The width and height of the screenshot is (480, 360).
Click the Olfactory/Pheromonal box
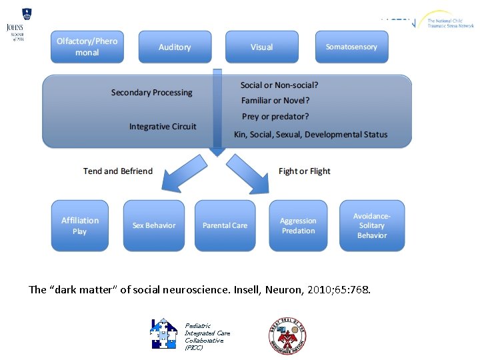click(x=87, y=47)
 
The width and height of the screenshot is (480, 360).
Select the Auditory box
click(x=175, y=47)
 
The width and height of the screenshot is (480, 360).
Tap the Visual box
click(x=261, y=47)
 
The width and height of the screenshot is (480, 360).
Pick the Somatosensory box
click(x=351, y=47)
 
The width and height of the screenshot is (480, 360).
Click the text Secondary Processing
click(x=151, y=93)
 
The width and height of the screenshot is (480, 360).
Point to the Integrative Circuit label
click(x=163, y=127)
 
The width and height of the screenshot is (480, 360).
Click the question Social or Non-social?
click(x=279, y=85)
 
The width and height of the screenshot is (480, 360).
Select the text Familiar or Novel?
click(x=275, y=101)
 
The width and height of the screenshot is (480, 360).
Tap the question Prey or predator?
click(x=275, y=117)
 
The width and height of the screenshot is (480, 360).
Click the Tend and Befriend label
click(x=118, y=171)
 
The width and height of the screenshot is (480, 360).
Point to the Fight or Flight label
click(x=305, y=171)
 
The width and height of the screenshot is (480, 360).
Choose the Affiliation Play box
click(x=80, y=225)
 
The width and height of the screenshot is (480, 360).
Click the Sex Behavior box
click(x=154, y=225)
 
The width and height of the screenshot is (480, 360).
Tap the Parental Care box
click(x=225, y=225)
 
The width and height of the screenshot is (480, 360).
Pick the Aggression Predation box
click(x=298, y=225)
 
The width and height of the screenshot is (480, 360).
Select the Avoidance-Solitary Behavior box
click(x=372, y=225)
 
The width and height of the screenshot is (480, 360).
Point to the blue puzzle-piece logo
click(x=163, y=333)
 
